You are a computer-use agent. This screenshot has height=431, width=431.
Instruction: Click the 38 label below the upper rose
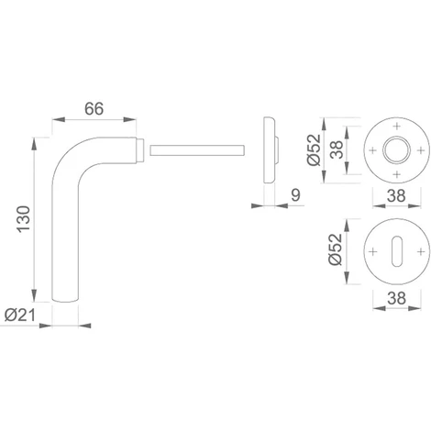click(x=395, y=194)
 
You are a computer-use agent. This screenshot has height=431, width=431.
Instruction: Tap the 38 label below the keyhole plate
click(x=395, y=296)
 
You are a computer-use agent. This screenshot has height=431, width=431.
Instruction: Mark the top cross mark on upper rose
click(x=395, y=124)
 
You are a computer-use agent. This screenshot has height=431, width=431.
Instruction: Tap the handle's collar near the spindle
click(x=140, y=147)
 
